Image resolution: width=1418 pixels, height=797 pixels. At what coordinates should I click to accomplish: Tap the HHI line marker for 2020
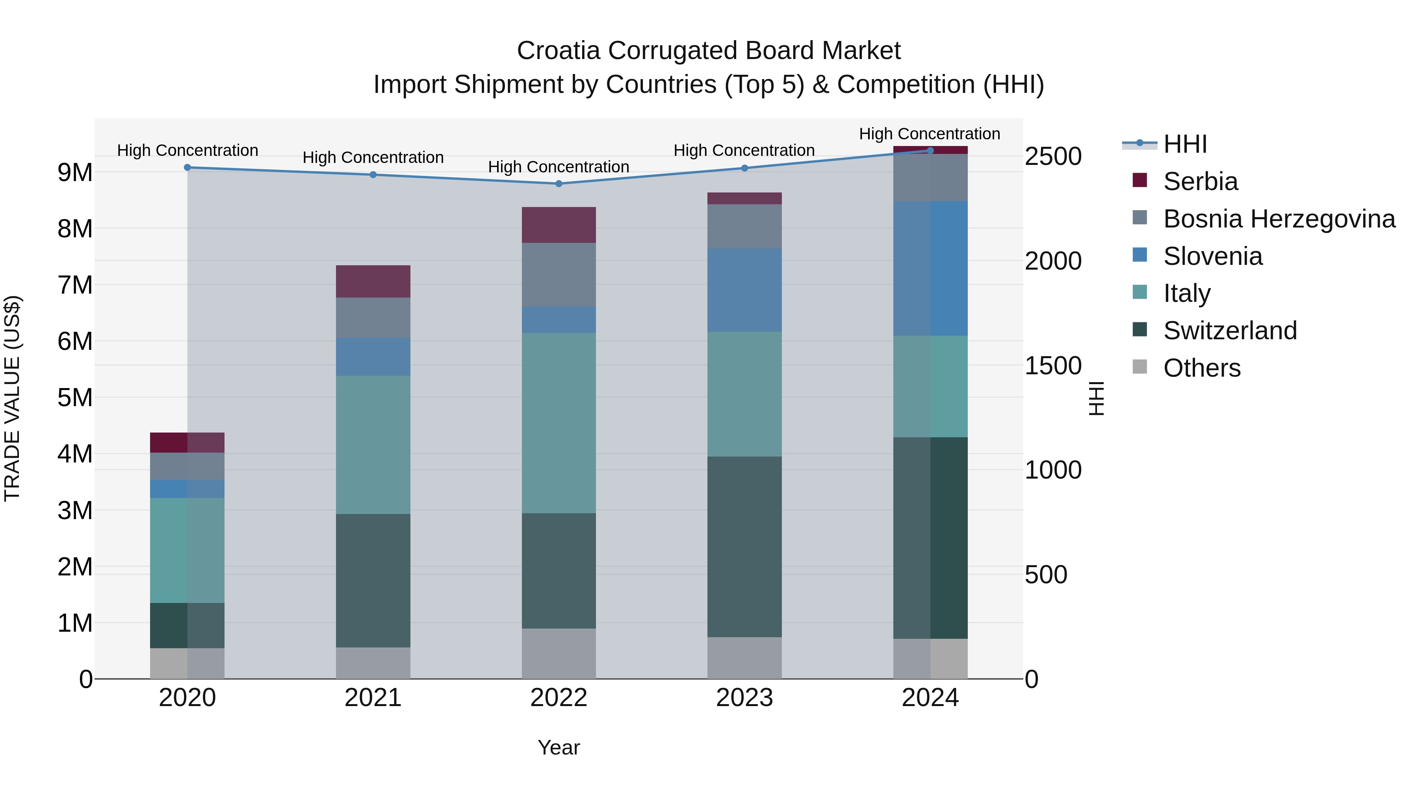187,167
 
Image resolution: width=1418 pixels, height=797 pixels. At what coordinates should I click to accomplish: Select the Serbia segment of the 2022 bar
559,225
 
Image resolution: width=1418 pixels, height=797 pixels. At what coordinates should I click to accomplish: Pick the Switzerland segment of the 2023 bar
744,546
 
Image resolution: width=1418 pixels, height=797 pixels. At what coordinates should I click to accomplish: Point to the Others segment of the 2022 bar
559,653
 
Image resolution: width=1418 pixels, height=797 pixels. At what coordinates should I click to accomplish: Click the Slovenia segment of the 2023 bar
744,290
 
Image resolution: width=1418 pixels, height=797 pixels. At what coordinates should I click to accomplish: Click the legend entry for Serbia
1200,181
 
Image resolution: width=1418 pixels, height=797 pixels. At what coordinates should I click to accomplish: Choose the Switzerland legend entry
1230,331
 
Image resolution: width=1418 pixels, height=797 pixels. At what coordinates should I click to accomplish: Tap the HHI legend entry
1184,144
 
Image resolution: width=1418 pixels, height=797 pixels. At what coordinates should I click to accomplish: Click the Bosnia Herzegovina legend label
1279,219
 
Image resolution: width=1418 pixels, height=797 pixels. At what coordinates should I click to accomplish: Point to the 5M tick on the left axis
75,398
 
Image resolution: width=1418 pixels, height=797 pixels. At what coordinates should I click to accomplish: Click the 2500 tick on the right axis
1052,156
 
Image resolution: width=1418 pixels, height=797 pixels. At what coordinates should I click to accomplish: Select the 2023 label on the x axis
744,698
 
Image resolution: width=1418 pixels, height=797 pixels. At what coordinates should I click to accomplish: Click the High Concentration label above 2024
929,134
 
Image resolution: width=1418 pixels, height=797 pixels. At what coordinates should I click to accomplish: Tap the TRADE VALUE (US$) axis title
12,398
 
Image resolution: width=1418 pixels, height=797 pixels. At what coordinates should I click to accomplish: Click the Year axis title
558,747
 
